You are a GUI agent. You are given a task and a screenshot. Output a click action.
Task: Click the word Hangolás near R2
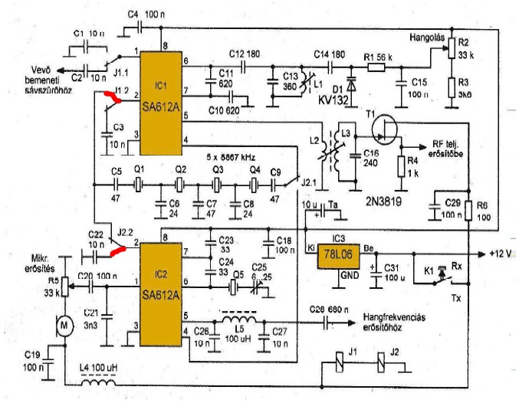tap(424, 35)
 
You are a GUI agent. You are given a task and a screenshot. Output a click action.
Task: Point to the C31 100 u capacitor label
tap(394, 273)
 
